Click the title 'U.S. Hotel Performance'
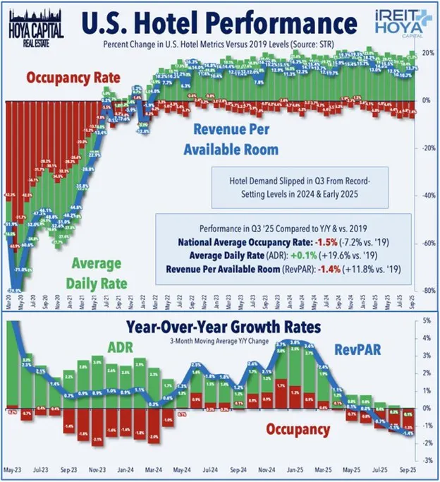[x=219, y=23]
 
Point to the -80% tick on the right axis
[x=427, y=290]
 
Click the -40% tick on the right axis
[x=427, y=195]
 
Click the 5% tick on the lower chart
[x=427, y=321]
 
